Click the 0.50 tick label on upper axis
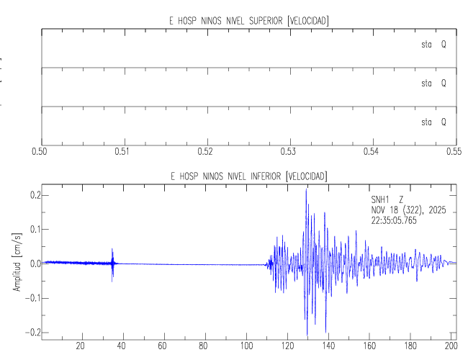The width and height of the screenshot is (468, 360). click(41, 153)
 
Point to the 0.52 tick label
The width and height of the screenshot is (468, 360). click(206, 153)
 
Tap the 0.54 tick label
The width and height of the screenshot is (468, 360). click(371, 153)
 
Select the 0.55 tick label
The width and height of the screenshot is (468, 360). click(453, 153)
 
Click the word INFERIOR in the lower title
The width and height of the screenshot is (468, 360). click(262, 176)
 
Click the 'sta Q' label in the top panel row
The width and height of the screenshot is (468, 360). click(433, 45)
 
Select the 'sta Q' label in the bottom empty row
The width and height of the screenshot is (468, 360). click(433, 122)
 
